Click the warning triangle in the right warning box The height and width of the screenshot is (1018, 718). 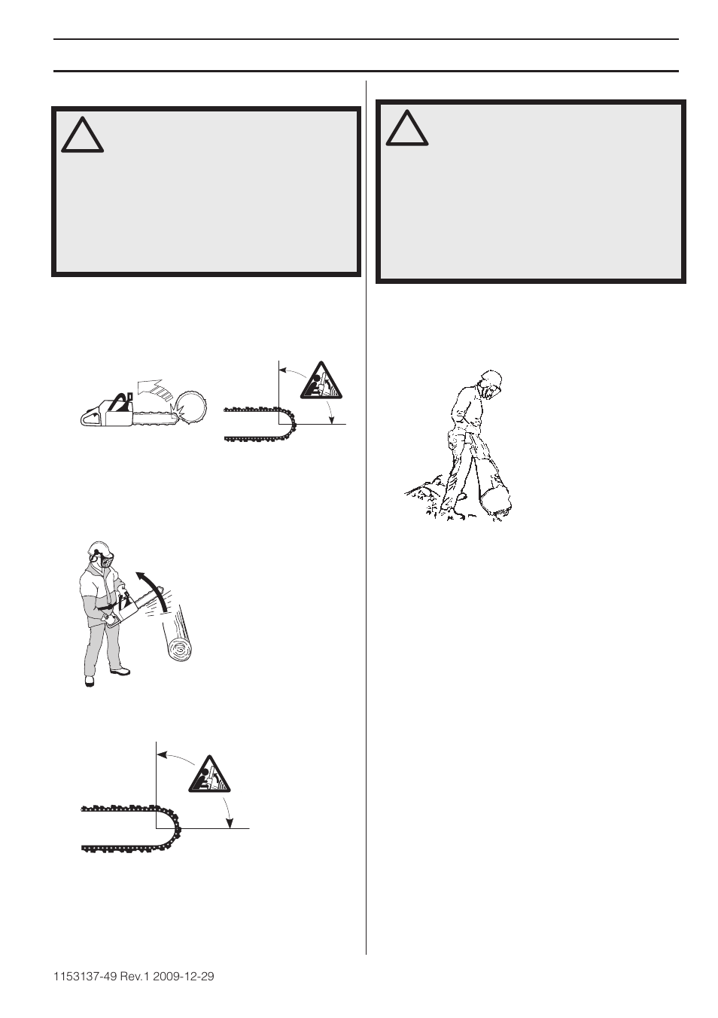pyautogui.click(x=407, y=129)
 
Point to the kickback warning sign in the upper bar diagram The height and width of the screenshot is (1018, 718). pyautogui.click(x=321, y=381)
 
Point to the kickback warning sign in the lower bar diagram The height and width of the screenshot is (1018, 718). pyautogui.click(x=209, y=773)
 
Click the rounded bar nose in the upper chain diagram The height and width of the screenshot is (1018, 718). pyautogui.click(x=290, y=424)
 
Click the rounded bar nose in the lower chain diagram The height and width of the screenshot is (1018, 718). pyautogui.click(x=172, y=828)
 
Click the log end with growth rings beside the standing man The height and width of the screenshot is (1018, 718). pyautogui.click(x=181, y=648)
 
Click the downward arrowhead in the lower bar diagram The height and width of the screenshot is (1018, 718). pyautogui.click(x=231, y=824)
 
